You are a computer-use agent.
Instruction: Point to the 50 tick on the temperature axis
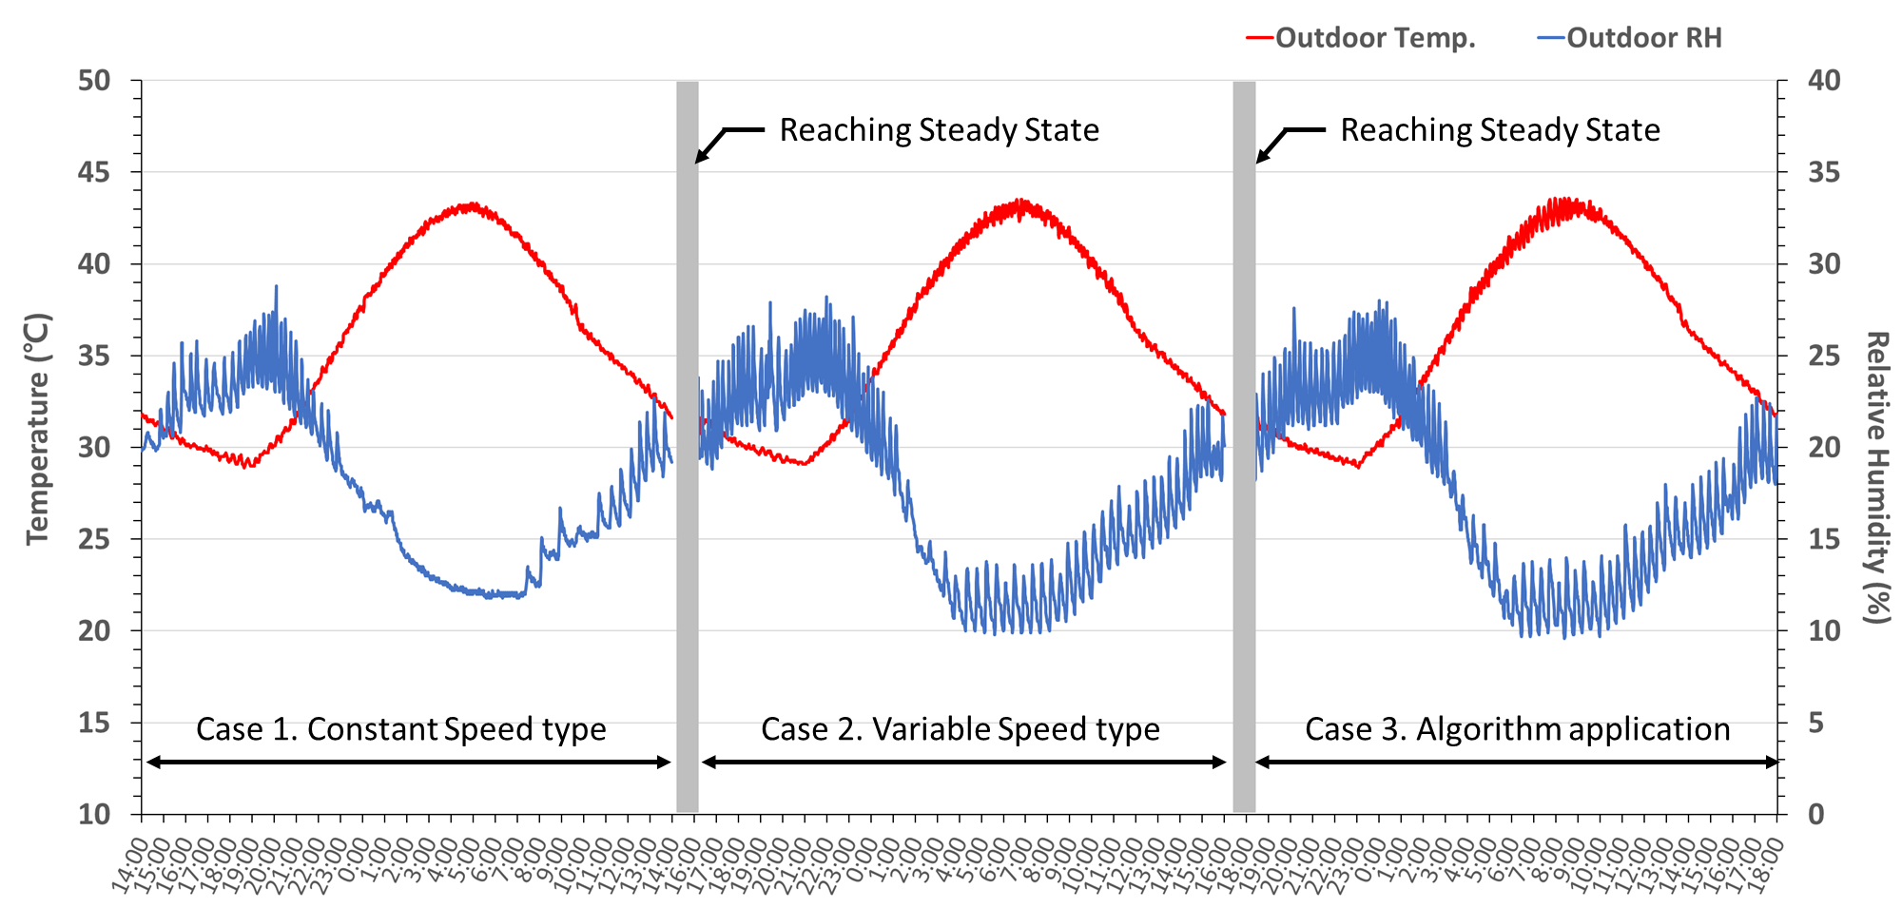pos(94,81)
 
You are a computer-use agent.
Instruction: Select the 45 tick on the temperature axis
pos(94,172)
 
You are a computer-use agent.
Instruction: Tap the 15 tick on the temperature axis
pos(94,723)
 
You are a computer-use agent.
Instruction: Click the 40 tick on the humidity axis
pos(1824,81)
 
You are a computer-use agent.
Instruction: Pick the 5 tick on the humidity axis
pos(1816,723)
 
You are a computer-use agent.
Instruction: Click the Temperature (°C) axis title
pos(38,429)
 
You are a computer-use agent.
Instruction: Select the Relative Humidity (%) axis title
pos(1875,477)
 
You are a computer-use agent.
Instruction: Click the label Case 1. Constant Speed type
pos(400,729)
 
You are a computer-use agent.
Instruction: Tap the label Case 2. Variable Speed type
pos(961,729)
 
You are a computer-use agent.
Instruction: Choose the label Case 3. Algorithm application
pos(1517,729)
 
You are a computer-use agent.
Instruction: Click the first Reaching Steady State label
pos(939,130)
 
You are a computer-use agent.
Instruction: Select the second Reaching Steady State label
pos(1500,130)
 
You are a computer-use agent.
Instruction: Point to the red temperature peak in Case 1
pos(471,204)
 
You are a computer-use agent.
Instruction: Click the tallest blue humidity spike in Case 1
pos(277,286)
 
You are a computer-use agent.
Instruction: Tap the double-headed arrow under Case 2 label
pos(963,762)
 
